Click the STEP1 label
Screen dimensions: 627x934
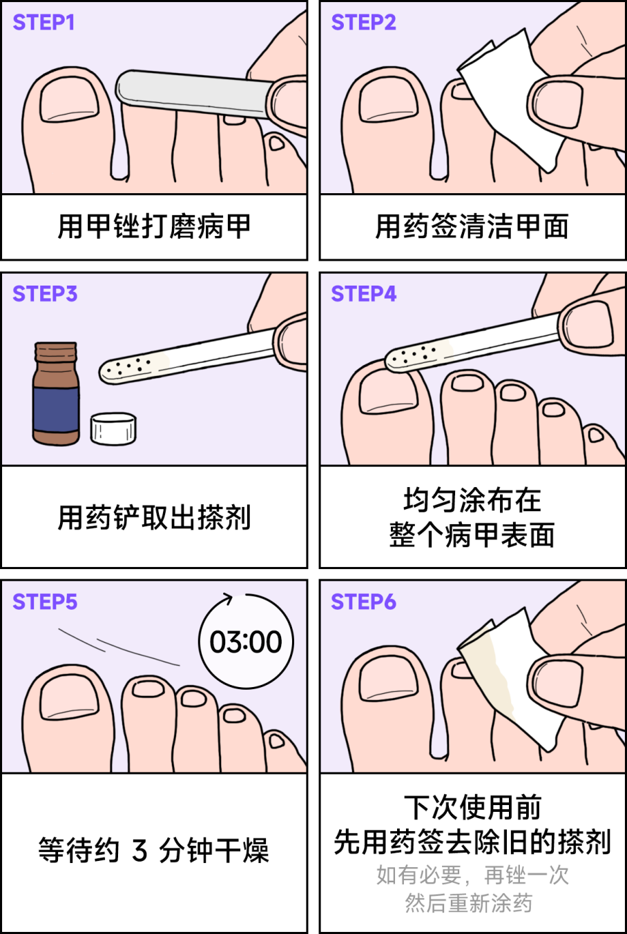click(x=44, y=22)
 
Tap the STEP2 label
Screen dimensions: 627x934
click(x=363, y=22)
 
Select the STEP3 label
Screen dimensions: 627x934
click(x=45, y=294)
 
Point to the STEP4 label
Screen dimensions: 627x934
click(x=363, y=294)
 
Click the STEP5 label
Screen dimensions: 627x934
click(x=45, y=602)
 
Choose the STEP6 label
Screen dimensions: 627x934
click(x=363, y=602)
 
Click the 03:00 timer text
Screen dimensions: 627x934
click(x=245, y=642)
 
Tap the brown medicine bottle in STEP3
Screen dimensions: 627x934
click(x=56, y=394)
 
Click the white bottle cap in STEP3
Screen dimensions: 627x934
click(x=113, y=428)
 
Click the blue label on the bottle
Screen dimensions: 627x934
click(x=56, y=410)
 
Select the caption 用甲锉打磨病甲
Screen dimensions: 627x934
click(x=154, y=226)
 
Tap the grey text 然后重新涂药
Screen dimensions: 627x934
click(x=469, y=904)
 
